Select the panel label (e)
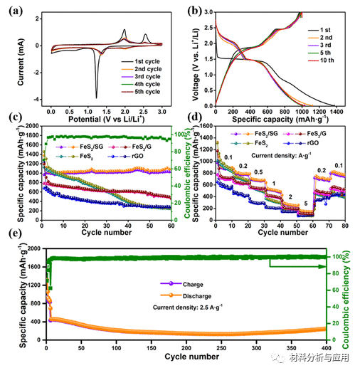[x=14, y=242]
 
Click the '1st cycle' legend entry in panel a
[x=147, y=63]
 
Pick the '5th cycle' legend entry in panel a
[x=147, y=91]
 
